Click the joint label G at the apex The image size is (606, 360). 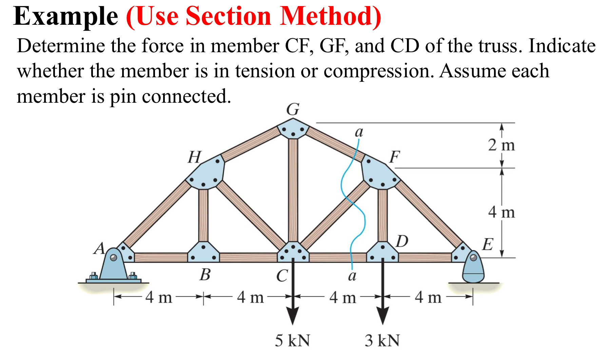[x=293, y=109]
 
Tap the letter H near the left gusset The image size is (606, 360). [x=195, y=157]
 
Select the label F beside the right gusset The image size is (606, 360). [x=394, y=157]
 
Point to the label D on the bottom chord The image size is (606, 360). [x=402, y=242]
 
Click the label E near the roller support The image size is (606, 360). [x=488, y=244]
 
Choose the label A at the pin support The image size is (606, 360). [x=99, y=248]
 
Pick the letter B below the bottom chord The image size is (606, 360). [x=205, y=275]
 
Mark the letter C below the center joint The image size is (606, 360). [x=282, y=276]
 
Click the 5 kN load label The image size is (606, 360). [x=292, y=340]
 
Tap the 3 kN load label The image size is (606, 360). [x=382, y=340]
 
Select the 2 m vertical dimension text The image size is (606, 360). [x=501, y=145]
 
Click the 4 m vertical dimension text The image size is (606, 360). [x=501, y=213]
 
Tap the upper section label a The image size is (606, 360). [x=359, y=132]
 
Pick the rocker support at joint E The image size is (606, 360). [x=473, y=268]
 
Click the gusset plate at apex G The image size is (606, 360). [x=293, y=129]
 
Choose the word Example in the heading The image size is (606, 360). [x=65, y=16]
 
